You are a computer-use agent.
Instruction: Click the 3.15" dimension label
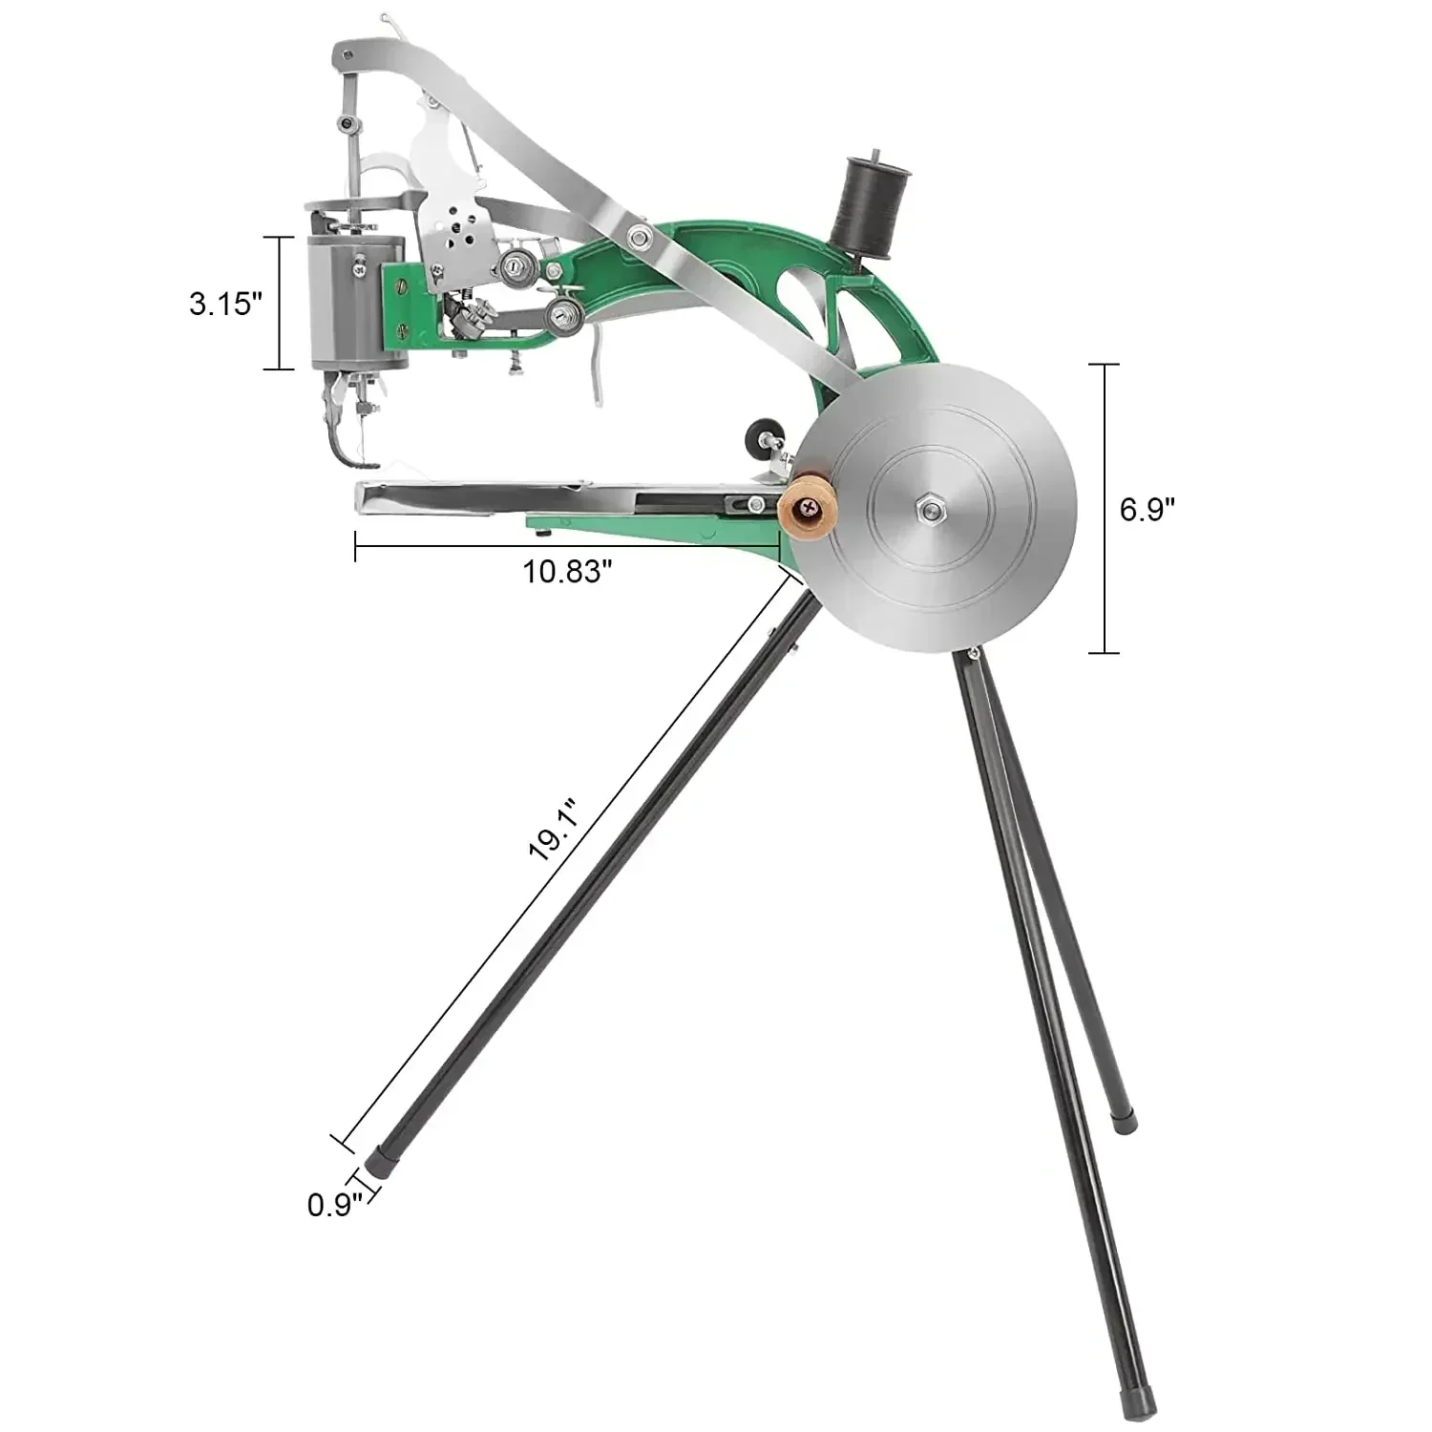click(224, 305)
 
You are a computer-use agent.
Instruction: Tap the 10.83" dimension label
click(566, 572)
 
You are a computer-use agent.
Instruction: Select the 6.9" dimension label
click(1147, 510)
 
